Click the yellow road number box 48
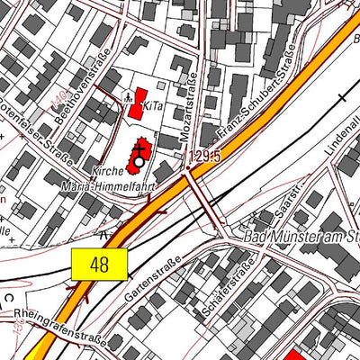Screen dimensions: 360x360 click(99, 264)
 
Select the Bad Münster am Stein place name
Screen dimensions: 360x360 click(302, 238)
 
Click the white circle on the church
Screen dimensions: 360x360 click(139, 162)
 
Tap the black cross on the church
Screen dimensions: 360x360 click(139, 148)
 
